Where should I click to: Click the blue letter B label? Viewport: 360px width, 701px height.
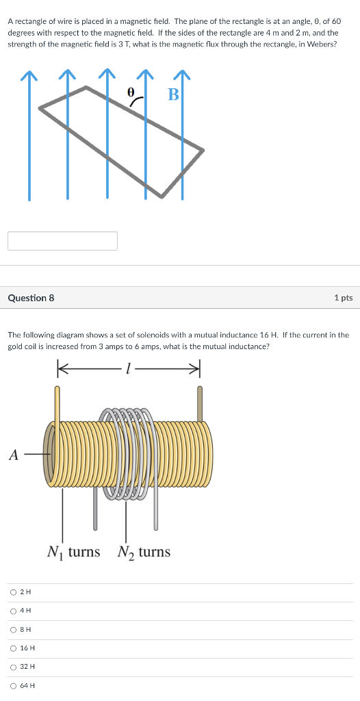[x=173, y=94]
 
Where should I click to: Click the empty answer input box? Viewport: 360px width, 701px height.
[x=63, y=241]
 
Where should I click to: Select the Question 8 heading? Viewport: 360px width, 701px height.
[x=31, y=298]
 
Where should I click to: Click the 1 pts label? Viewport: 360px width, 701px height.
[x=344, y=298]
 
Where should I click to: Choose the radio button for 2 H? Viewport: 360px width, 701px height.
[x=14, y=591]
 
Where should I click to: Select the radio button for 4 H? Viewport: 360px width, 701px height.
[x=14, y=610]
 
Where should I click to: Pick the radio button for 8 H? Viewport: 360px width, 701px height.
[x=14, y=629]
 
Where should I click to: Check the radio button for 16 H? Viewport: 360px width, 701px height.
[x=14, y=648]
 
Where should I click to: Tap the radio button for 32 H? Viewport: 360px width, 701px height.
[x=14, y=666]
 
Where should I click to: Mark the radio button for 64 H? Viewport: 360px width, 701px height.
[x=14, y=685]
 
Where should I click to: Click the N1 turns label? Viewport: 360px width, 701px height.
[x=73, y=552]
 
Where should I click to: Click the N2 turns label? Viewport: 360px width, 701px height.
[x=144, y=552]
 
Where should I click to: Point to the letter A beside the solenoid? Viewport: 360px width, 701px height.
[x=14, y=455]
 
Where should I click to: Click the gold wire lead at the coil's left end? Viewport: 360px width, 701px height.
[x=57, y=403]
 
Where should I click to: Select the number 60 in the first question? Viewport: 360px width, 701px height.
[x=335, y=22]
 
